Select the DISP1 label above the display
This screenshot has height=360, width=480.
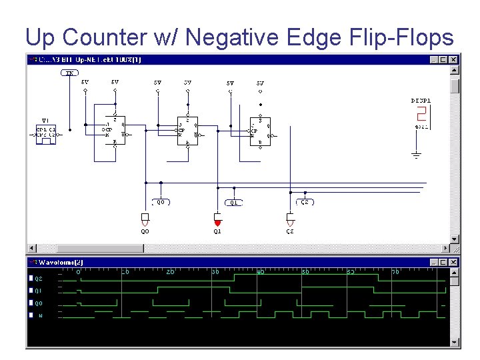click(x=421, y=101)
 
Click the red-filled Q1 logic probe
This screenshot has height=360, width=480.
click(x=217, y=219)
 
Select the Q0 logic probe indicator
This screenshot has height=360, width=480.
click(x=145, y=219)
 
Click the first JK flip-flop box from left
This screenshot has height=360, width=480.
click(x=115, y=130)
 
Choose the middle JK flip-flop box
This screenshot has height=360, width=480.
click(x=187, y=130)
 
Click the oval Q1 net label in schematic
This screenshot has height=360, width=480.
click(x=233, y=202)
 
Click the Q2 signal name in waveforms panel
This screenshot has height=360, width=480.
click(x=39, y=279)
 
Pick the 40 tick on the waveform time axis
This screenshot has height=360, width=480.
click(x=261, y=272)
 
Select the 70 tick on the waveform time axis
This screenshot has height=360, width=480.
click(x=395, y=272)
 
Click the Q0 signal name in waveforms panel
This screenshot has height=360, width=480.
click(x=39, y=303)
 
